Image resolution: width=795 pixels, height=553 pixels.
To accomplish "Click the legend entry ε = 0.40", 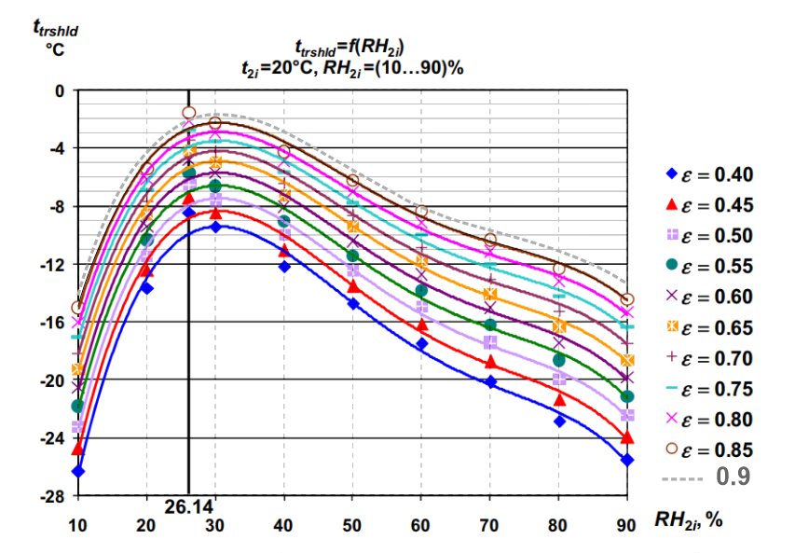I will click(707, 174).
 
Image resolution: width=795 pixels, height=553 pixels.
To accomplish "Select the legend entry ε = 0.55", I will click(707, 267).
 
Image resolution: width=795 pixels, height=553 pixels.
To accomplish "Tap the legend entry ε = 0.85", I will click(707, 449).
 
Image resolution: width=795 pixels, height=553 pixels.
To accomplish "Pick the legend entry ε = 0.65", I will click(707, 328).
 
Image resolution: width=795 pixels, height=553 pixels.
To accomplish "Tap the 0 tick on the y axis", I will click(60, 90).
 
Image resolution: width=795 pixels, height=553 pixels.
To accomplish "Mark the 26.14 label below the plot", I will click(188, 508).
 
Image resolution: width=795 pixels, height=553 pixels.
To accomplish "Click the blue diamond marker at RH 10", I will click(77, 471).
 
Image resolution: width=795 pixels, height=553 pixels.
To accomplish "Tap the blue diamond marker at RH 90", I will click(627, 460).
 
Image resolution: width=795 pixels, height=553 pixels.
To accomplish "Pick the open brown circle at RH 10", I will click(77, 307).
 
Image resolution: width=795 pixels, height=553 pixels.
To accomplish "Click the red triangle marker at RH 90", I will click(627, 436).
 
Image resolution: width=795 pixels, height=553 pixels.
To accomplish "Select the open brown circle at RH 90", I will click(627, 299).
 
